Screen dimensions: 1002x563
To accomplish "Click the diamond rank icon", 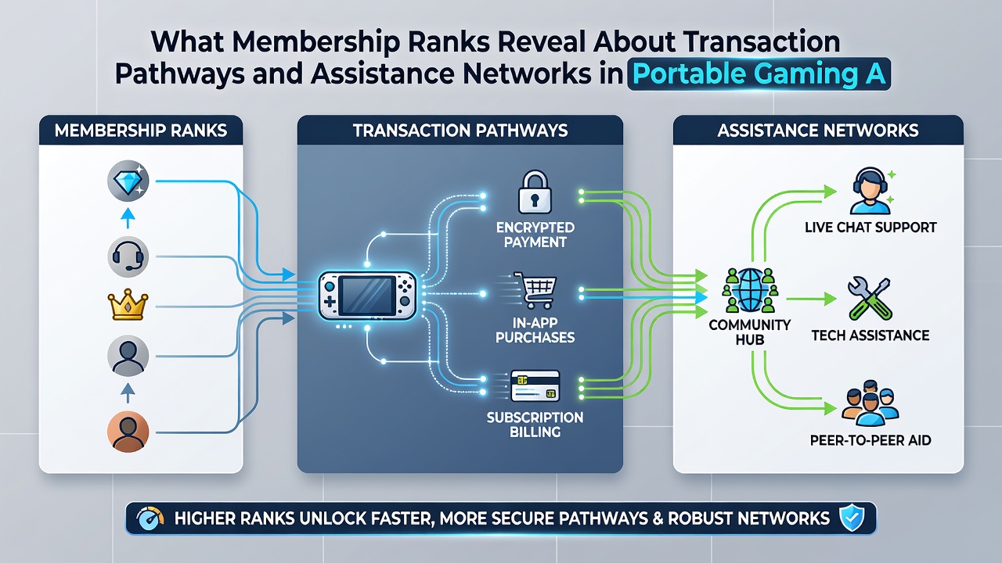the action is click(x=128, y=181).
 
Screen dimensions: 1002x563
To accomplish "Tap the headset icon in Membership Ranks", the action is click(x=128, y=257).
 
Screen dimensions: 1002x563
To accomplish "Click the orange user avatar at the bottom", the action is click(x=128, y=432).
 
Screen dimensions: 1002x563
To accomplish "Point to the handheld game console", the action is click(x=367, y=296).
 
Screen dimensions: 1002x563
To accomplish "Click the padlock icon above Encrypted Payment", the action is click(x=535, y=192).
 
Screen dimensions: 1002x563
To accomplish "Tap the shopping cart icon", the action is click(x=535, y=290).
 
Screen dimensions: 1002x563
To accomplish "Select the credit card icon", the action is click(x=535, y=385).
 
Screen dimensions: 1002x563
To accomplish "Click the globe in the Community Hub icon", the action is click(x=750, y=290).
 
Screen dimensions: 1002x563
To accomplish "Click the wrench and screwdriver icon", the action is click(x=870, y=299).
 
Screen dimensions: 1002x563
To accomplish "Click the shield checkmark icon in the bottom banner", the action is click(x=851, y=518).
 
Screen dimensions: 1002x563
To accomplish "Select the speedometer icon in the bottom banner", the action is click(x=150, y=518).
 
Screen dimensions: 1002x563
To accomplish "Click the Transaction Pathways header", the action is click(x=460, y=131).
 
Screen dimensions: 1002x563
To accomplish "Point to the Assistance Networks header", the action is click(x=818, y=131).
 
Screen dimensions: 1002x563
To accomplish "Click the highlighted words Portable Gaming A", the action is click(x=759, y=74).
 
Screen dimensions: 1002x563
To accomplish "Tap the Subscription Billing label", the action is click(x=535, y=425).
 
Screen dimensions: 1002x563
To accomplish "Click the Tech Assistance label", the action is click(x=870, y=335).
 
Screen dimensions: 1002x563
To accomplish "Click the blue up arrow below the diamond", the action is click(x=128, y=218).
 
